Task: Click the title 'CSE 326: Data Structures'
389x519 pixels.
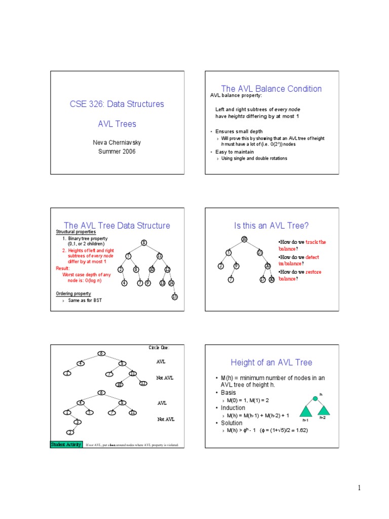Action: tap(116, 104)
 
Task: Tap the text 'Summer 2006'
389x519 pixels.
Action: tap(116, 152)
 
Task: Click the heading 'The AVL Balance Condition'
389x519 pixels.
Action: tap(271, 89)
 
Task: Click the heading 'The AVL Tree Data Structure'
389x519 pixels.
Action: tap(116, 226)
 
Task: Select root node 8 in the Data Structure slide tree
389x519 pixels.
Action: tap(144, 243)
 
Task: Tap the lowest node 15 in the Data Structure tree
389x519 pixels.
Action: tap(174, 296)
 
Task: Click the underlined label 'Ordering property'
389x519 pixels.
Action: tap(73, 293)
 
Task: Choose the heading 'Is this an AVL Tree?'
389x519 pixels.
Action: tap(271, 226)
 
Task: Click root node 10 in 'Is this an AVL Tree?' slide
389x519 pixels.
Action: tap(244, 239)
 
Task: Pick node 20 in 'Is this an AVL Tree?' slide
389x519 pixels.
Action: tap(267, 266)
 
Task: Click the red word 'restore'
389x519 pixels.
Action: tap(314, 272)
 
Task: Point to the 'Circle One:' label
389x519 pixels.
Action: tap(159, 348)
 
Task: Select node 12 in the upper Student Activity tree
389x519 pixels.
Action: tap(143, 384)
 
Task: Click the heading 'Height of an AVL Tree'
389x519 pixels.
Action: tap(271, 362)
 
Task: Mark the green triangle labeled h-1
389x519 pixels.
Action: tap(306, 410)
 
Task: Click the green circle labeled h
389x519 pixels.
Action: tap(315, 398)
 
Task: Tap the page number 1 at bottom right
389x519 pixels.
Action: tap(359, 488)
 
